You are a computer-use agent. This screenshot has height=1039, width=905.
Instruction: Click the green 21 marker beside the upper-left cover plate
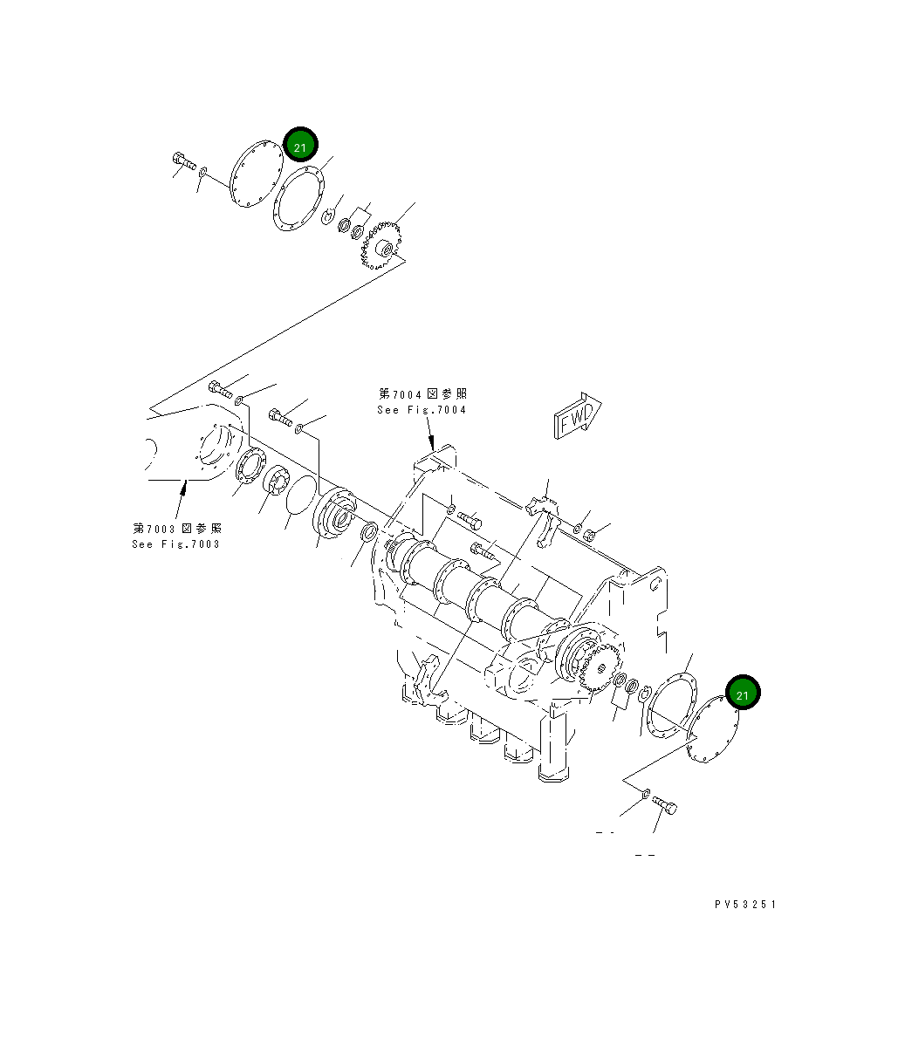click(300, 147)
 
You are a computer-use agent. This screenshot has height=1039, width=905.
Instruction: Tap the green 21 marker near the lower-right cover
click(742, 694)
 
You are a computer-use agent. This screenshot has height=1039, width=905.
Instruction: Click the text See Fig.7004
click(422, 410)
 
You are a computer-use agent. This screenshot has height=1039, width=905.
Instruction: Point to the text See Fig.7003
click(176, 544)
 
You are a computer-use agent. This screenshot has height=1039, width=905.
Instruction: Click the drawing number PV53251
click(744, 905)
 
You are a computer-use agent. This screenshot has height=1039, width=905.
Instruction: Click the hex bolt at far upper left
click(183, 161)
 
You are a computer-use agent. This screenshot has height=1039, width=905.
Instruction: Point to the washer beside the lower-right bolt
click(644, 792)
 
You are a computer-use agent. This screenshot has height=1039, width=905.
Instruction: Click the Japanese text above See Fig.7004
click(422, 394)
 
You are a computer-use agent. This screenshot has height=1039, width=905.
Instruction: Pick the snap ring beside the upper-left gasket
click(328, 215)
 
